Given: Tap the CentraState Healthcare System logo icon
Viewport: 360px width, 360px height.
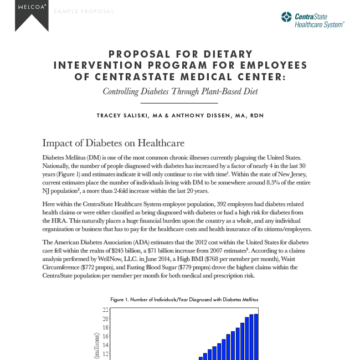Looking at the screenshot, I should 287,18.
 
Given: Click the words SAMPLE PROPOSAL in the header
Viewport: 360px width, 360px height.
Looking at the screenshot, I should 85,12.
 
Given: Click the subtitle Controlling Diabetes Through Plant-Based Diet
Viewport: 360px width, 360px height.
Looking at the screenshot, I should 180,92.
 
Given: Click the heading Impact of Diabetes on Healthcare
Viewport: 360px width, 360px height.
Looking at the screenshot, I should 113,142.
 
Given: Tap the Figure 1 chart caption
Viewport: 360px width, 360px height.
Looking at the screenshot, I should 184,299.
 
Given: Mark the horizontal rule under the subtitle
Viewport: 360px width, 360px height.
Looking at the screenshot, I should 180,103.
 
